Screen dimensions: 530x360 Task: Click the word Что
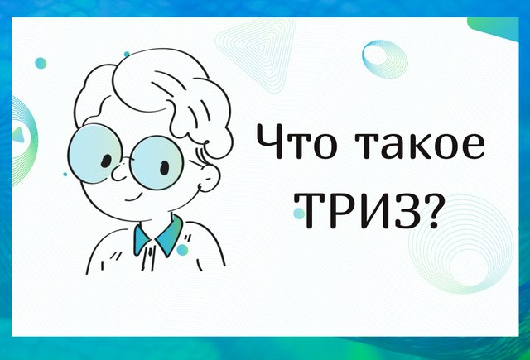(x=297, y=142)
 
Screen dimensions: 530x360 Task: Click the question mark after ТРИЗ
(x=429, y=211)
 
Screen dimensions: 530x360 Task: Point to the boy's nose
(x=119, y=173)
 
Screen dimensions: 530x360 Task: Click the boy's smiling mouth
(x=135, y=198)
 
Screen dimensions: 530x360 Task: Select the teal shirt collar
(x=157, y=237)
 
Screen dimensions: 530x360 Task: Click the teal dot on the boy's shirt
(x=182, y=250)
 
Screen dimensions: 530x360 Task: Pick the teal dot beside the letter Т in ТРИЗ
(x=299, y=214)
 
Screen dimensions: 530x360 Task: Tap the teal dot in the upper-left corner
(x=41, y=63)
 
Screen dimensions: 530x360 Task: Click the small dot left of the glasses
(x=65, y=175)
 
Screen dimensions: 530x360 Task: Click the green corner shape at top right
(x=494, y=27)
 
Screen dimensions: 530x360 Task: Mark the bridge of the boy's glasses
(x=126, y=159)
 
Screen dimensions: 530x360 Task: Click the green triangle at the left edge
(x=18, y=134)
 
